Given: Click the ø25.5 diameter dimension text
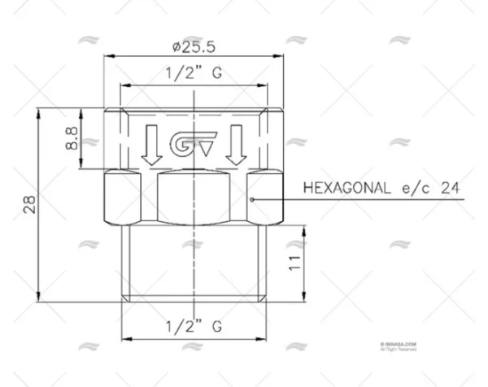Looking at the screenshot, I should [194, 42].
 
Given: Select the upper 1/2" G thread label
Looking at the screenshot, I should [194, 72].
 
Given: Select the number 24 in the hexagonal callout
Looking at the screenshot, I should [451, 187].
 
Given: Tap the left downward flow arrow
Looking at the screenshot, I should [150, 143].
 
